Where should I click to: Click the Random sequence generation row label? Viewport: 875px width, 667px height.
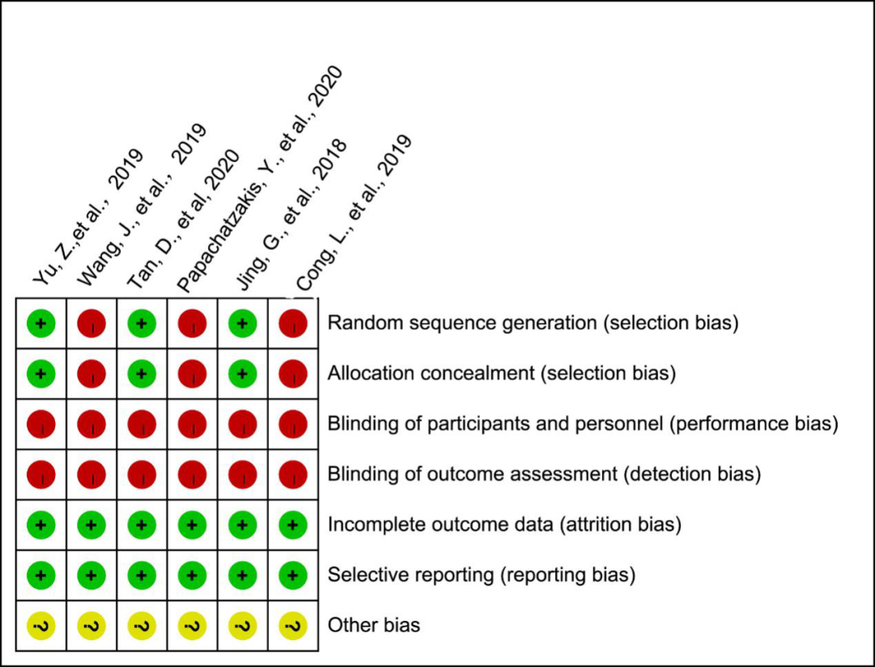533,323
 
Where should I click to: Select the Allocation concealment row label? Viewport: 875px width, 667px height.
502,374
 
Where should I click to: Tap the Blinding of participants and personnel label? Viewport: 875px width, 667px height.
583,424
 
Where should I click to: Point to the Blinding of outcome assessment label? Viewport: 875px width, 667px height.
544,474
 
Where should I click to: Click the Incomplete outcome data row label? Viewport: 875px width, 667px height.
505,524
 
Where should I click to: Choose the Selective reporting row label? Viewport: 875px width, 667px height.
481,575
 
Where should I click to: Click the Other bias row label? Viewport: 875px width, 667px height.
373,625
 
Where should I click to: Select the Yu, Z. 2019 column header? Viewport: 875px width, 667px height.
87,218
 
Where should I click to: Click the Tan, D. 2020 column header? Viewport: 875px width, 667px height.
184,220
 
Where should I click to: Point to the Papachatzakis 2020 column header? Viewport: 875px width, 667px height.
259,179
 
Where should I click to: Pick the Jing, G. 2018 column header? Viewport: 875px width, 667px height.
292,214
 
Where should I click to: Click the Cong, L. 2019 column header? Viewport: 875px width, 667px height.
354,212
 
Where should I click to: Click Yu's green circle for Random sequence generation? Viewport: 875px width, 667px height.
41,323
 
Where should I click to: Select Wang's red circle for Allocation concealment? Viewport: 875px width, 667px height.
92,374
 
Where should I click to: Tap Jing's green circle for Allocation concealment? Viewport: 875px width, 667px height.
242,374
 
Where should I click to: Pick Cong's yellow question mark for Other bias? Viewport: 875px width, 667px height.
293,626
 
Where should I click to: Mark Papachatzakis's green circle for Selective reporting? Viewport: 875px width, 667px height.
192,575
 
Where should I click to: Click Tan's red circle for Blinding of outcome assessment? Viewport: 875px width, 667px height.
142,474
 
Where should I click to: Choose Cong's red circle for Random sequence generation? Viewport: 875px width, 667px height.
293,323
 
